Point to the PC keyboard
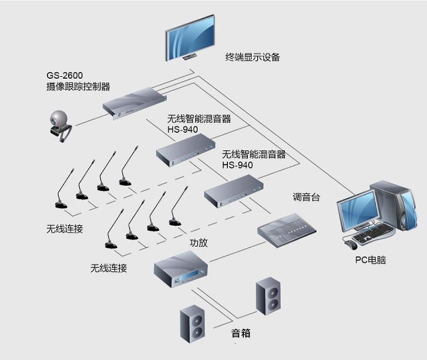373,234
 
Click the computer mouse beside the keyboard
348,243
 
